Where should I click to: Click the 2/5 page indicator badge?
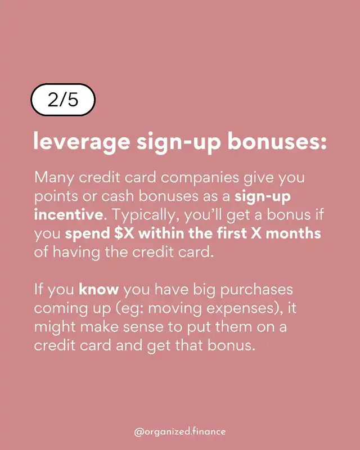(63, 100)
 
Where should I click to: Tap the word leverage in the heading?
(82, 142)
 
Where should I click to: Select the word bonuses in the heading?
(277, 141)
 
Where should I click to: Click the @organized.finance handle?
(179, 431)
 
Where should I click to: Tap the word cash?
(118, 196)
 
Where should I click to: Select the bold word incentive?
(69, 214)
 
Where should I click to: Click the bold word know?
(99, 289)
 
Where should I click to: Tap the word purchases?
(256, 290)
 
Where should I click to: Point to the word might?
(55, 327)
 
